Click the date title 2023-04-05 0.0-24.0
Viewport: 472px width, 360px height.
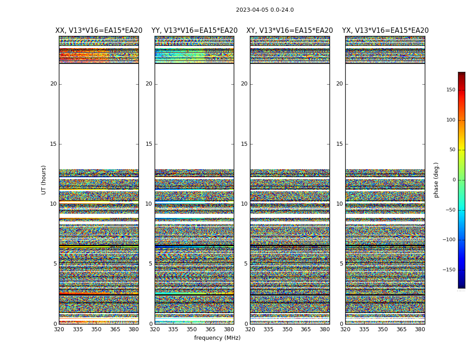[x=265, y=10]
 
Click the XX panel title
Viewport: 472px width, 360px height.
[x=99, y=31]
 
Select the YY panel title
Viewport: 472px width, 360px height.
[x=194, y=31]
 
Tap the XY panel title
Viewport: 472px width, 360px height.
[x=289, y=31]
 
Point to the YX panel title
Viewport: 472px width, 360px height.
[x=385, y=31]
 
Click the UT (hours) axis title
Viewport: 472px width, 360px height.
[x=44, y=180]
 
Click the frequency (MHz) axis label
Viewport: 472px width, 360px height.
[x=217, y=338]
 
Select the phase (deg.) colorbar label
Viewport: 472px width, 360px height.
[x=436, y=180]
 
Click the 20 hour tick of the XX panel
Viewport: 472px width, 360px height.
[x=53, y=84]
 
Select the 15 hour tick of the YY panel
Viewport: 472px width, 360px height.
[x=149, y=144]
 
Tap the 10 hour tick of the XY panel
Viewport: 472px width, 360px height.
[x=244, y=204]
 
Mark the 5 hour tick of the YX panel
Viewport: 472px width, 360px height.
[x=341, y=264]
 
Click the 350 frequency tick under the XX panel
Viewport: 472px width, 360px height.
[x=96, y=329]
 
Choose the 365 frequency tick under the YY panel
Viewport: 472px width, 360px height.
[x=210, y=329]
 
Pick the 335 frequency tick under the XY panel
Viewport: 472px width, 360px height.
[x=269, y=329]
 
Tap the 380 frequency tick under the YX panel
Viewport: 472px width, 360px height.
[x=420, y=329]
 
